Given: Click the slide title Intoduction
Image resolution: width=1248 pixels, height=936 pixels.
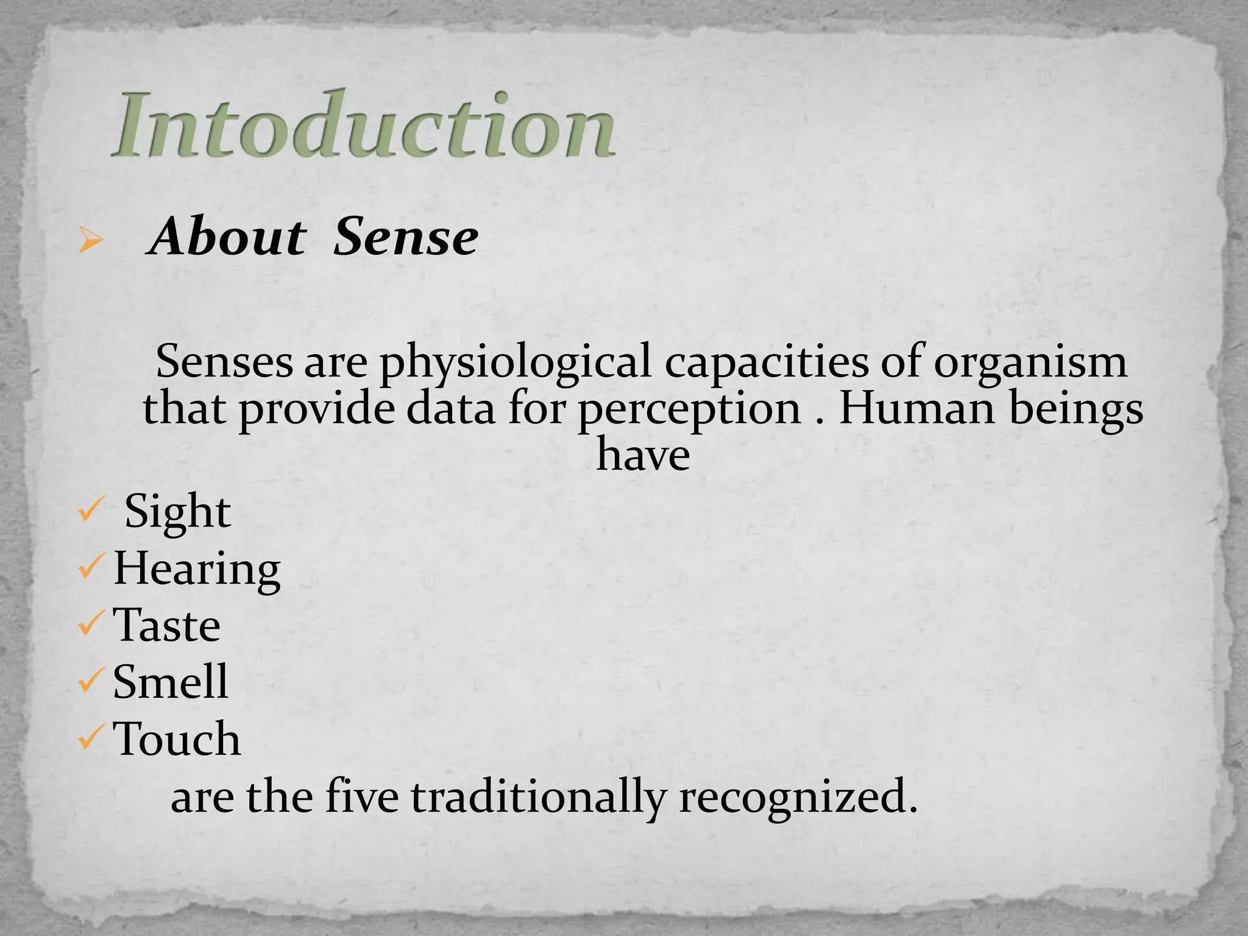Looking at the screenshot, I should click(x=364, y=125).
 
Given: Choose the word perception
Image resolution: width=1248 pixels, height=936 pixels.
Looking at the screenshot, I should click(x=689, y=410).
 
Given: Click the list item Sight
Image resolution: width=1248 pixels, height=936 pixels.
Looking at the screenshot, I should click(x=177, y=512).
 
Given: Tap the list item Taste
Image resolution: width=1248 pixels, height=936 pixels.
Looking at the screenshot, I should click(x=167, y=626).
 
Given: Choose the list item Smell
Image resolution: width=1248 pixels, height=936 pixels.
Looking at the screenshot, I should click(x=171, y=682).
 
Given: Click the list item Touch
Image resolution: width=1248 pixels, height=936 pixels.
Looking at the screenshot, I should click(x=177, y=739).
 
